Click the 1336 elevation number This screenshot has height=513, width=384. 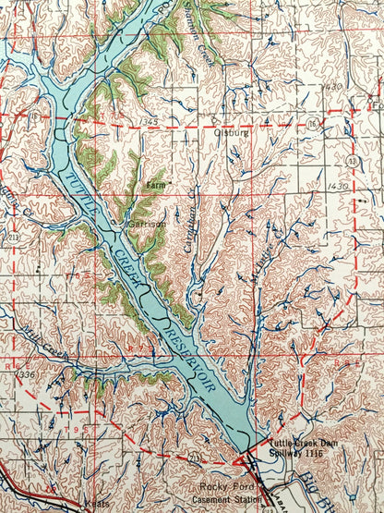point(27,374)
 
